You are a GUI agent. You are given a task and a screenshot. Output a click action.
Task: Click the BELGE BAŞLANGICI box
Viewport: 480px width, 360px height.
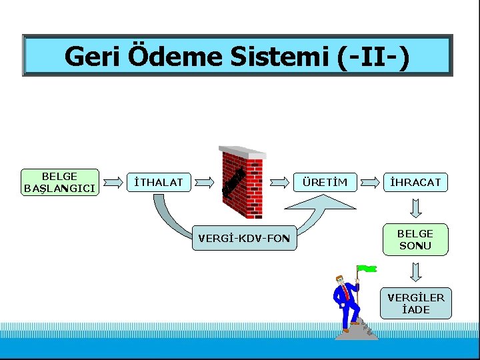pos(60,182)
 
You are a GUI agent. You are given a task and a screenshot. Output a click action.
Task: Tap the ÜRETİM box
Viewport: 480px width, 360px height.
pos(325,181)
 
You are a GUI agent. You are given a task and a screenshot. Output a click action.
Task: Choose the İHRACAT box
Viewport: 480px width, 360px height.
pos(415,181)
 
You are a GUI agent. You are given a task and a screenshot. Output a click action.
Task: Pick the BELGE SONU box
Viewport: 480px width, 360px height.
pos(415,239)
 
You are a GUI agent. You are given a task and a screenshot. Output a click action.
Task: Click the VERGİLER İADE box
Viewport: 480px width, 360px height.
pos(415,303)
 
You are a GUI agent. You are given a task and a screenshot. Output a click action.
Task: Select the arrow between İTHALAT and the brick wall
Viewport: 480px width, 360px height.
pos(206,181)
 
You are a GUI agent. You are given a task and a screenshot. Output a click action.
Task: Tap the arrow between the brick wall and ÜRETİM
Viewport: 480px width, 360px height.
pos(281,181)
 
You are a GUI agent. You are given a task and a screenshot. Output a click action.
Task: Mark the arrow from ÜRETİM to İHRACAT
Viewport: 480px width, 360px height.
pos(371,181)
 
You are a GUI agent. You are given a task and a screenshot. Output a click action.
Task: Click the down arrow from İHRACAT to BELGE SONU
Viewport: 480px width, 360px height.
pos(415,209)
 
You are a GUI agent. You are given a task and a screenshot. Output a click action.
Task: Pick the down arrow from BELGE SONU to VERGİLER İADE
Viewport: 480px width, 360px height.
pos(415,272)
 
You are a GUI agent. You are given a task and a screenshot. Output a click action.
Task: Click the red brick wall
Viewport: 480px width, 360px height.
pos(243,183)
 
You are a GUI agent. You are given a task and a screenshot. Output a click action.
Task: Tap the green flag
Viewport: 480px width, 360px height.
pos(367,269)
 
